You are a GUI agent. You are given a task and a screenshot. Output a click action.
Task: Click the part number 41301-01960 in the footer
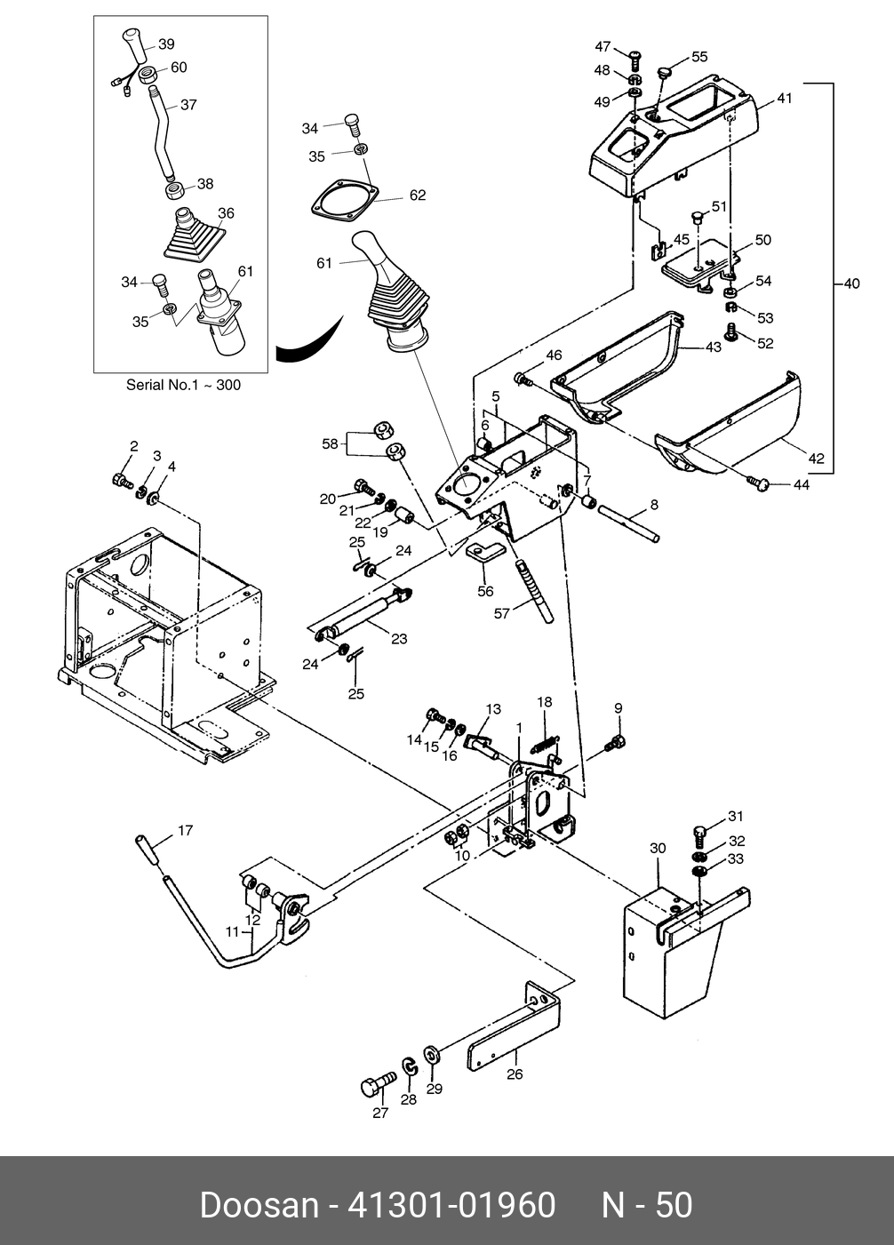pyautogui.click(x=451, y=1205)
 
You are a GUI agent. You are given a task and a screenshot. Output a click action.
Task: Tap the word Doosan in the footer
pyautogui.click(x=258, y=1205)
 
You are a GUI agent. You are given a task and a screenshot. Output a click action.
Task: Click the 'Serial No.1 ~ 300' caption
pyautogui.click(x=183, y=385)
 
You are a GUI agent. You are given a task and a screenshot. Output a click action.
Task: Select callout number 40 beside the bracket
pyautogui.click(x=850, y=284)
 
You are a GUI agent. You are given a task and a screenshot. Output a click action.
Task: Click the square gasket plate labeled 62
pyautogui.click(x=346, y=201)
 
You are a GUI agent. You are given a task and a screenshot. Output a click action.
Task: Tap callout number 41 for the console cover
pyautogui.click(x=784, y=99)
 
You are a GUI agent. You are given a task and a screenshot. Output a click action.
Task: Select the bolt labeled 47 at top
pyautogui.click(x=635, y=59)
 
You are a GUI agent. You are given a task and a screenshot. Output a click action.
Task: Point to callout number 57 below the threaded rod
pyautogui.click(x=502, y=613)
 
